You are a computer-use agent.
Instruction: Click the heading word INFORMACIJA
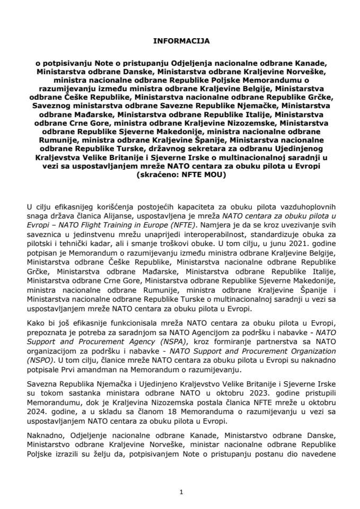coord(180,40)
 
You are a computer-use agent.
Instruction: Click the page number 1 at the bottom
coord(181,492)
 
